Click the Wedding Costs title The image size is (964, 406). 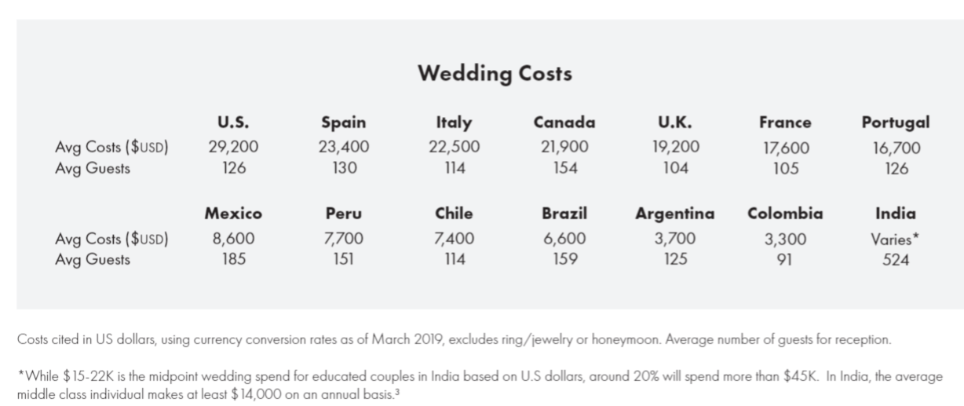[x=495, y=75]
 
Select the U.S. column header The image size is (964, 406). [x=233, y=122]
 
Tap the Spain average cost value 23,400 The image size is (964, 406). [x=344, y=147]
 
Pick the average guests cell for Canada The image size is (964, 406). [x=564, y=168]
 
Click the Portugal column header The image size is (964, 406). [x=896, y=122]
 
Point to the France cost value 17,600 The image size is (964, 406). [x=785, y=148]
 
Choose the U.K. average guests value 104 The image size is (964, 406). [x=675, y=168]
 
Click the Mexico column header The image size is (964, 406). [x=233, y=214]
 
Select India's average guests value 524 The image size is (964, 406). [x=896, y=260]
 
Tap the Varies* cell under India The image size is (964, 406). [x=896, y=240]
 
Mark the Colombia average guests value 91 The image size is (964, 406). [x=785, y=260]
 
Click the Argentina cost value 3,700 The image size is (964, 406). [x=675, y=240]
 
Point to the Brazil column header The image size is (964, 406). [x=564, y=214]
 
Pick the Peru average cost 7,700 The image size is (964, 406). [x=344, y=240]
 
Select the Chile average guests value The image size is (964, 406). [x=454, y=260]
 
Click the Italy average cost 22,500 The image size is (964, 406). [x=454, y=147]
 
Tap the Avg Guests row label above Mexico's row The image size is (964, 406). [x=93, y=168]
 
